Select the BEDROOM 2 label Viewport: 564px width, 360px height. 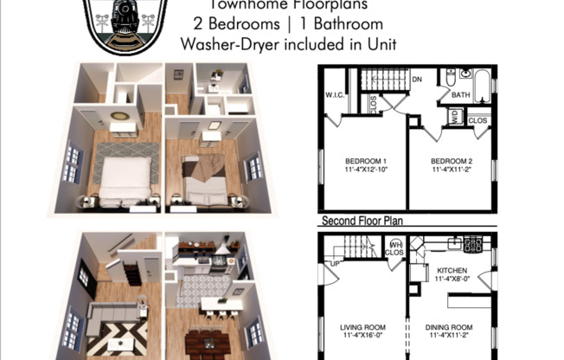[452, 162]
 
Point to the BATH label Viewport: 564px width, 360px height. [461, 96]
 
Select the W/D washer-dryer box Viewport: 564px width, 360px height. [455, 115]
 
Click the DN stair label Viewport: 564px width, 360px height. [415, 78]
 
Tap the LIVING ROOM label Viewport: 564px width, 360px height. [363, 326]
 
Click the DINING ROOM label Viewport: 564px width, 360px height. [451, 326]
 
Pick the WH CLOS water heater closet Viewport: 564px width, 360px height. [394, 249]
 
